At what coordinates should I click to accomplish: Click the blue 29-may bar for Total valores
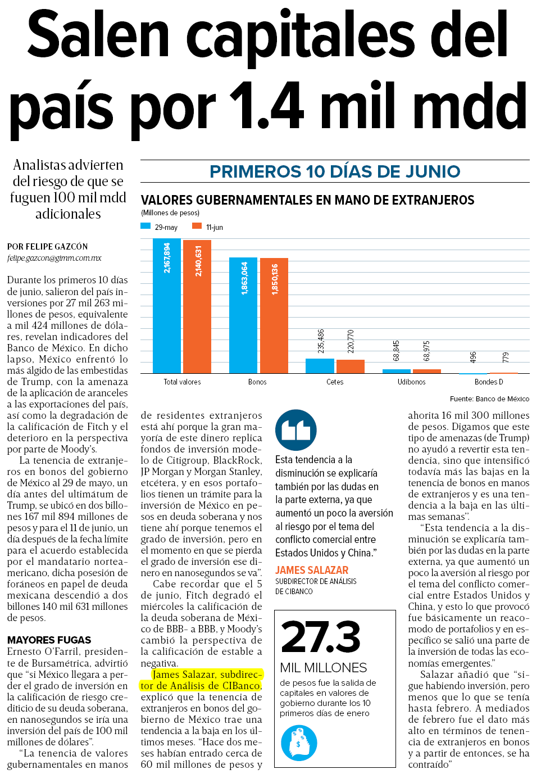[167, 306]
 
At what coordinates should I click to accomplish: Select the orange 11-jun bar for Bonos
[274, 316]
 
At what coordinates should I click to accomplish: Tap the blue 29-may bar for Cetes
[320, 366]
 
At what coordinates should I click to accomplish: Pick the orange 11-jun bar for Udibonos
[427, 372]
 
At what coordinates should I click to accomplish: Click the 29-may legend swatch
[146, 226]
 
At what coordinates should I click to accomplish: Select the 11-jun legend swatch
[197, 226]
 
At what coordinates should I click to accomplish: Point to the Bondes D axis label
[489, 382]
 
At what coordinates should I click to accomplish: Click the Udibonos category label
[412, 382]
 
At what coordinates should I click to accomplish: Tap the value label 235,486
[321, 341]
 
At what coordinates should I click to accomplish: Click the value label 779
[506, 357]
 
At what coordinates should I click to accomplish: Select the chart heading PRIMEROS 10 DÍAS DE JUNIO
[335, 171]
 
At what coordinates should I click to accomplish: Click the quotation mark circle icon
[296, 430]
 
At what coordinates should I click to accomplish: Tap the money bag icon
[299, 743]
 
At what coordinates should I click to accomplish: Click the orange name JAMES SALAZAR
[312, 570]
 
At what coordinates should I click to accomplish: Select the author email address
[54, 258]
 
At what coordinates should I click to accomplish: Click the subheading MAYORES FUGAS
[49, 640]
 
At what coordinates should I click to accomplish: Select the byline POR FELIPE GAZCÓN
[48, 247]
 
